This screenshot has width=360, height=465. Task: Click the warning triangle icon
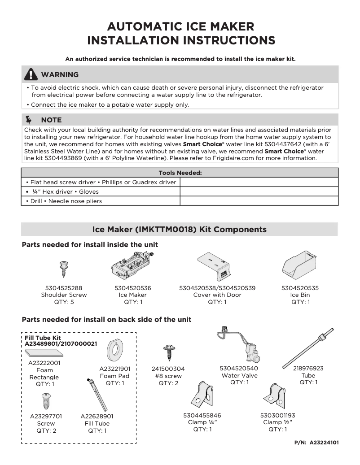(31, 74)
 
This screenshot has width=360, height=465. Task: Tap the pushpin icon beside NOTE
(30, 120)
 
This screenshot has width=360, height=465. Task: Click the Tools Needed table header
(180, 173)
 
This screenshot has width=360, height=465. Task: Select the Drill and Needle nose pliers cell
(101, 201)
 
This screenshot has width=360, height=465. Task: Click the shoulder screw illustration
(63, 269)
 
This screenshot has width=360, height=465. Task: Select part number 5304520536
(132, 288)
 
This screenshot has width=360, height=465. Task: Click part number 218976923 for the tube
(308, 369)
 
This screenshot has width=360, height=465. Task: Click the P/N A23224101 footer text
(316, 443)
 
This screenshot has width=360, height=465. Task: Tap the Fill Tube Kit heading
(43, 338)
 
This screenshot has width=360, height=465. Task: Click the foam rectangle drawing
(44, 353)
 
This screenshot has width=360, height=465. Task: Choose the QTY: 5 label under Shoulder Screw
(63, 302)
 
